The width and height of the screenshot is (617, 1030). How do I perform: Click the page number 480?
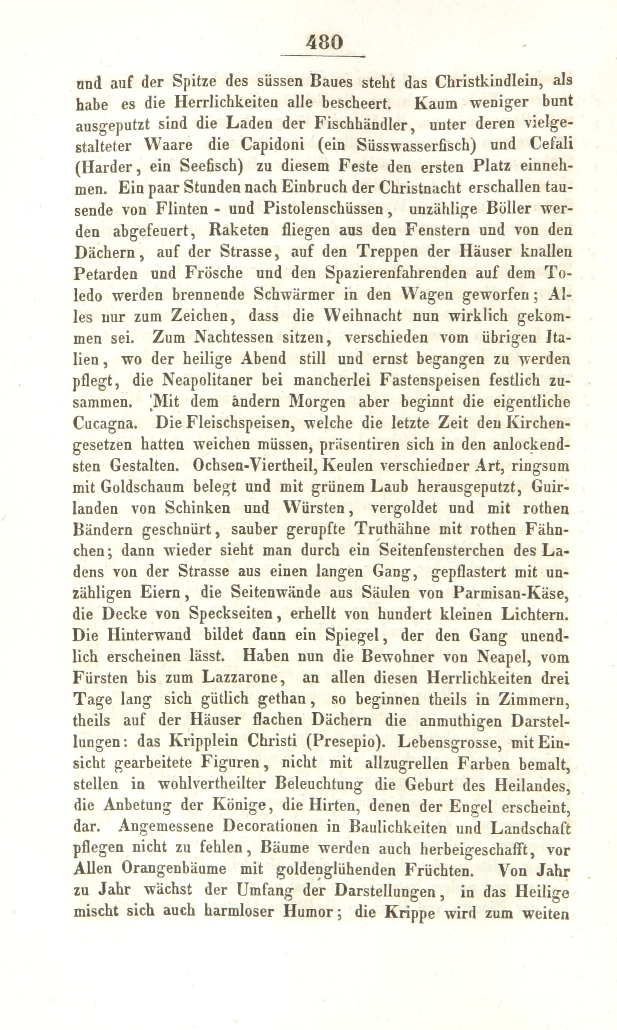tap(324, 42)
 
